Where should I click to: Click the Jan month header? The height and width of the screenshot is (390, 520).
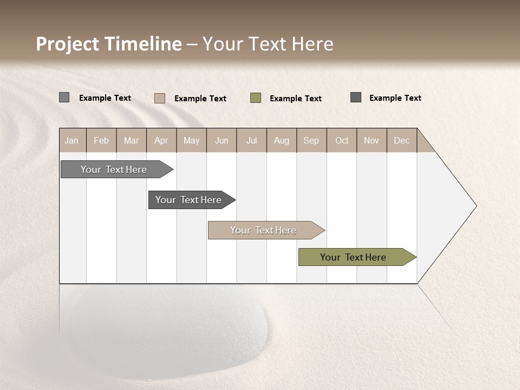pos(71,140)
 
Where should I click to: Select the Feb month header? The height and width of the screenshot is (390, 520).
pos(101,140)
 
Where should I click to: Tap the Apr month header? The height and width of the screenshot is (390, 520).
pos(161,140)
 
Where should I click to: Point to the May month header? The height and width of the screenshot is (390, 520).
pos(191,140)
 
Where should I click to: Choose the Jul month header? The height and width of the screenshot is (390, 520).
pos(251,140)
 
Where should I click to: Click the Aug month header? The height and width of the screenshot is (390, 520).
pos(281,140)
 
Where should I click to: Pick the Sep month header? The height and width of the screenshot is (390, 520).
pos(311,140)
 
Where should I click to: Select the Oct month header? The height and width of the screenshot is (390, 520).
pos(342,140)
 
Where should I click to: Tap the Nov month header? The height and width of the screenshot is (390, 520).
pos(372,140)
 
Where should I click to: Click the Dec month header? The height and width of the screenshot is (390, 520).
pos(401,140)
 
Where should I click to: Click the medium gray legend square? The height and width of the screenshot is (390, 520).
pos(64,97)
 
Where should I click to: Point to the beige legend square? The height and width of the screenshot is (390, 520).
pos(160,98)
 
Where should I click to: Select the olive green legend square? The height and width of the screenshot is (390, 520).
pos(256,98)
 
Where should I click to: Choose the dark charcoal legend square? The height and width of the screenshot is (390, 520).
pos(356,97)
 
